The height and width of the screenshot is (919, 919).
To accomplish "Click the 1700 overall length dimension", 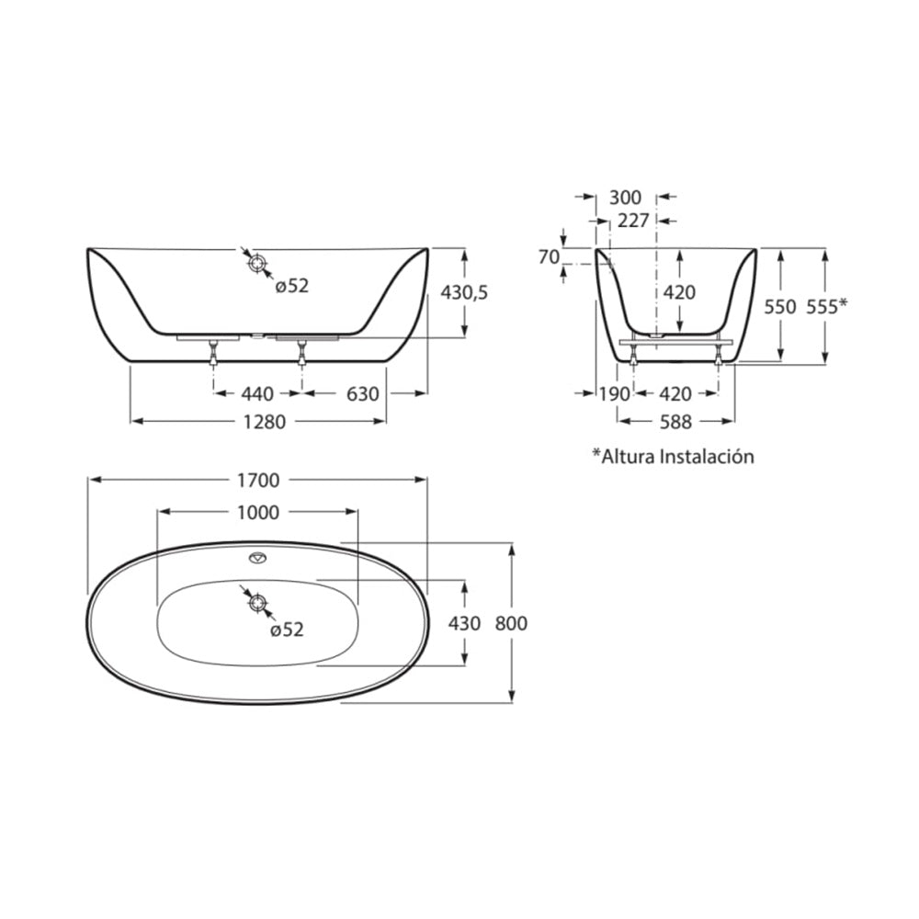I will [x=257, y=480].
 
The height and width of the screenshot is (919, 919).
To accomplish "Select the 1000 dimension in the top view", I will [x=256, y=513].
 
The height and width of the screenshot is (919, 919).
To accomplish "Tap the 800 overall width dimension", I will [x=511, y=623].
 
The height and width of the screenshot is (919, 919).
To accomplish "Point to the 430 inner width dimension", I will [x=464, y=623].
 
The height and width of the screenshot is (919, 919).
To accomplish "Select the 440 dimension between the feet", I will [x=257, y=393].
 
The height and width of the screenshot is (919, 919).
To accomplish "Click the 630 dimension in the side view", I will [x=363, y=393].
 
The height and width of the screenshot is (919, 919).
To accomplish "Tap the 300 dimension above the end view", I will [x=625, y=198].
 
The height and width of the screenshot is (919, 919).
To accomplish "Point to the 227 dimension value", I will [x=632, y=221].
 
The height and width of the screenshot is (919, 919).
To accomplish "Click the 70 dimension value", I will [x=549, y=257].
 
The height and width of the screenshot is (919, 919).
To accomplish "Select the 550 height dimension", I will [x=779, y=307].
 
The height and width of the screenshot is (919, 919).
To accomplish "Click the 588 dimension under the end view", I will [x=675, y=422].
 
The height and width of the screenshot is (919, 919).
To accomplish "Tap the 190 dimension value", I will [x=614, y=393].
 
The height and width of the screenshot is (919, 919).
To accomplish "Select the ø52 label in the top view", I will [x=287, y=630].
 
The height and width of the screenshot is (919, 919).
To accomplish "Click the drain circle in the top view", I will [x=258, y=603].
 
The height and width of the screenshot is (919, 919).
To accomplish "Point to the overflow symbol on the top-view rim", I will [x=257, y=558].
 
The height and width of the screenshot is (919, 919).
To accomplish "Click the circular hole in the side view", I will [x=258, y=263].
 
